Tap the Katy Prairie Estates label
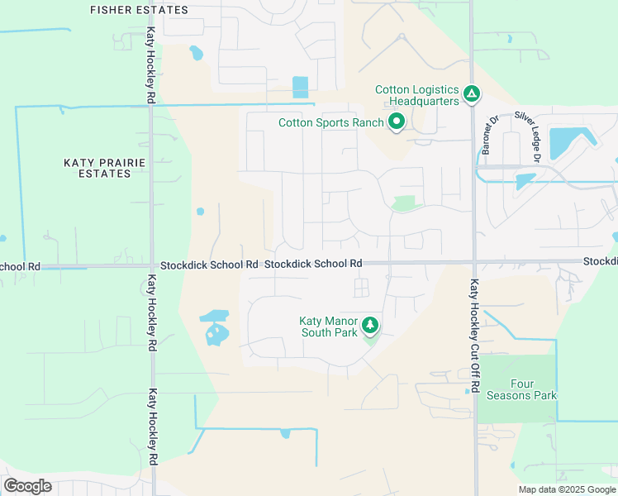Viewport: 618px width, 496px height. (105, 169)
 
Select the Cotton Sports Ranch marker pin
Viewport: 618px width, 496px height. (397, 123)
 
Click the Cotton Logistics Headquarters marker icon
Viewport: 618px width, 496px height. (471, 95)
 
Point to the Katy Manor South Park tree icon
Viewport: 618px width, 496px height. (370, 326)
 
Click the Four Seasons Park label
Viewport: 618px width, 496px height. (534, 389)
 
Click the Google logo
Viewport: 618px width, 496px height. (27, 486)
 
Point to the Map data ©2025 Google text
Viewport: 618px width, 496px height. (566, 489)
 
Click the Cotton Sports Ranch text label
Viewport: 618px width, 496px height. (330, 123)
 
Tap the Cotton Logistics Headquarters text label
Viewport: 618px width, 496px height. (416, 95)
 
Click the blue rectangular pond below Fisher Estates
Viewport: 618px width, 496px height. (300, 87)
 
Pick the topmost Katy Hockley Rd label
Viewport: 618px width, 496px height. (151, 66)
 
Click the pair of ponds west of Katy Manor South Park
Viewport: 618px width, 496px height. (215, 328)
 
